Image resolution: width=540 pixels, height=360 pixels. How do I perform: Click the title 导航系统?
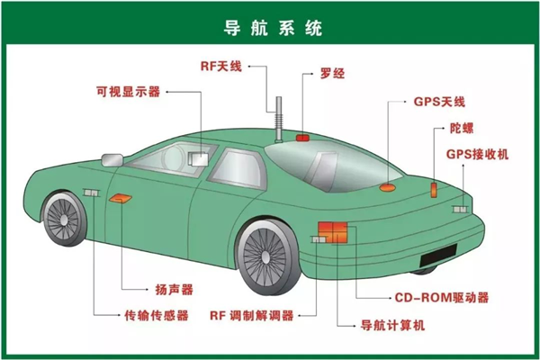[x=270, y=26]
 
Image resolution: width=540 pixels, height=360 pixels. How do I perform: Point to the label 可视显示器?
[x=128, y=91]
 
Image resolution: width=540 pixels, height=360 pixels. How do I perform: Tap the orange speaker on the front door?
[x=120, y=197]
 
